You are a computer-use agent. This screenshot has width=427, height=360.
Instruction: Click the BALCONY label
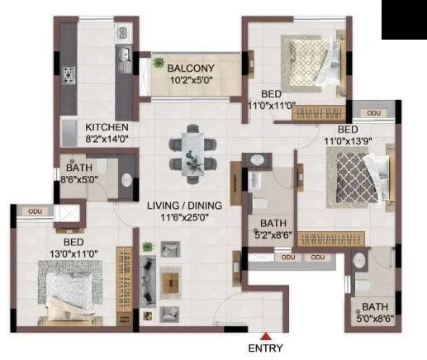coord(191,68)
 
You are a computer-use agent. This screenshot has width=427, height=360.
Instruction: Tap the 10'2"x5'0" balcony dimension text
coord(191,81)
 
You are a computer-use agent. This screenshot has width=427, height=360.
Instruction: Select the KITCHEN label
coord(107,127)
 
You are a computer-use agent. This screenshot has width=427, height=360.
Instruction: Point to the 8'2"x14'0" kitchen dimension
coord(107,140)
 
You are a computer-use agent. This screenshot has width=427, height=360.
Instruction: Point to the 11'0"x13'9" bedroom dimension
coord(359,142)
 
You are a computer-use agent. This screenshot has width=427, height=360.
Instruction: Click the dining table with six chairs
coord(192,150)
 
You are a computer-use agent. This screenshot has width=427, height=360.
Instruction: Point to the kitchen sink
coord(122,56)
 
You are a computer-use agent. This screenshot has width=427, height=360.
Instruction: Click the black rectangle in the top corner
coord(403,20)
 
